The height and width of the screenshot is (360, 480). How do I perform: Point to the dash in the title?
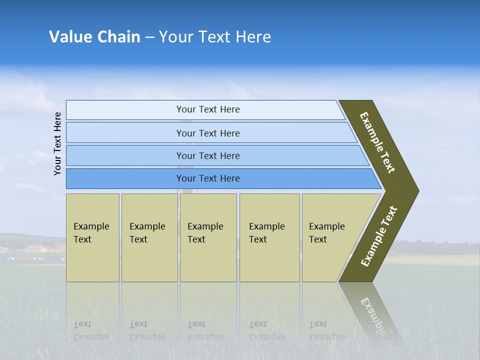pyautogui.click(x=149, y=37)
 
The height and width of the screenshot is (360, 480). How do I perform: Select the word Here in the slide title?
pyautogui.click(x=253, y=37)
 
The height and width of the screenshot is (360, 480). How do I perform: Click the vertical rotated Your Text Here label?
pyautogui.click(x=57, y=143)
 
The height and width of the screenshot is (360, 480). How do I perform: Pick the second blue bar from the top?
pyautogui.click(x=207, y=133)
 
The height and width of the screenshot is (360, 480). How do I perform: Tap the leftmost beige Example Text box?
pyautogui.click(x=92, y=237)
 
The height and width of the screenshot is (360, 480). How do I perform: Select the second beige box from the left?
pyautogui.click(x=149, y=237)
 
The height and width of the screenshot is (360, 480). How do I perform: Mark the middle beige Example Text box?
pyautogui.click(x=208, y=237)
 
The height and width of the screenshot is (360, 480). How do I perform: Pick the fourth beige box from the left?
pyautogui.click(x=269, y=237)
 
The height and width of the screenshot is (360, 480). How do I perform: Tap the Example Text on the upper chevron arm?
pyautogui.click(x=377, y=142)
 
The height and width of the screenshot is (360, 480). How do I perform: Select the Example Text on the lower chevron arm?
pyautogui.click(x=379, y=236)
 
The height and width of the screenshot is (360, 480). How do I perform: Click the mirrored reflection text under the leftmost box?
pyautogui.click(x=91, y=330)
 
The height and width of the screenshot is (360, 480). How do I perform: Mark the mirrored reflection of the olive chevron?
pyautogui.click(x=372, y=312)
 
